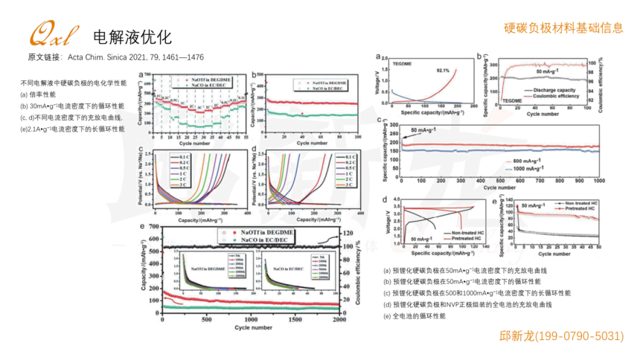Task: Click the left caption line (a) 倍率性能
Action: pyautogui.click(x=38, y=94)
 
